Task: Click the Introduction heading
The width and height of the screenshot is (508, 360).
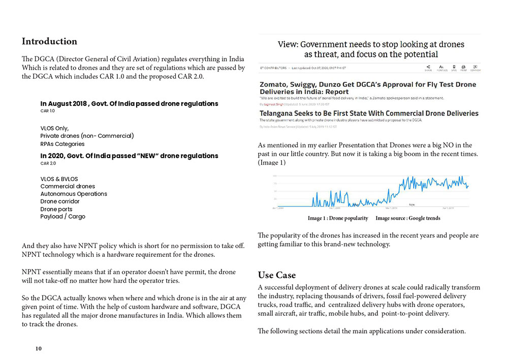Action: [x=49, y=42]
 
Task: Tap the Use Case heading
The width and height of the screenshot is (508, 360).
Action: [x=276, y=275]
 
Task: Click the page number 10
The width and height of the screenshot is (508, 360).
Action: [x=39, y=349]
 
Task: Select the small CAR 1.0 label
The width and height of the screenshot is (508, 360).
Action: [x=47, y=111]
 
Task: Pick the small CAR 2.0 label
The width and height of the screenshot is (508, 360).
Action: [x=48, y=164]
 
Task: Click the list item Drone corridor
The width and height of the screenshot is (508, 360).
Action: [x=60, y=201]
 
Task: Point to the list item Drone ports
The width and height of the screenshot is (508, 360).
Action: [x=56, y=209]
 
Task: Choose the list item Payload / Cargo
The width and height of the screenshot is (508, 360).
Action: [x=63, y=217]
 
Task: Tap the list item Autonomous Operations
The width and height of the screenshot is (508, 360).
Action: [x=74, y=194]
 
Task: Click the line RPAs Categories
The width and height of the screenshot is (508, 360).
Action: [x=62, y=144]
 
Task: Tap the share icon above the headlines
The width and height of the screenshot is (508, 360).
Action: [x=428, y=67]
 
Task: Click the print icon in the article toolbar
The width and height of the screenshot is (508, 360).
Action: [x=463, y=67]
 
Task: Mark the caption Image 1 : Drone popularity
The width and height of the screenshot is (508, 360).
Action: [x=338, y=218]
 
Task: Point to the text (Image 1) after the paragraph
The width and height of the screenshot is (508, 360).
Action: [x=272, y=163]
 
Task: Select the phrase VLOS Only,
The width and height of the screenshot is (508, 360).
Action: [x=54, y=128]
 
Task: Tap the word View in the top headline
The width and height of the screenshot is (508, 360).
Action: [x=288, y=45]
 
